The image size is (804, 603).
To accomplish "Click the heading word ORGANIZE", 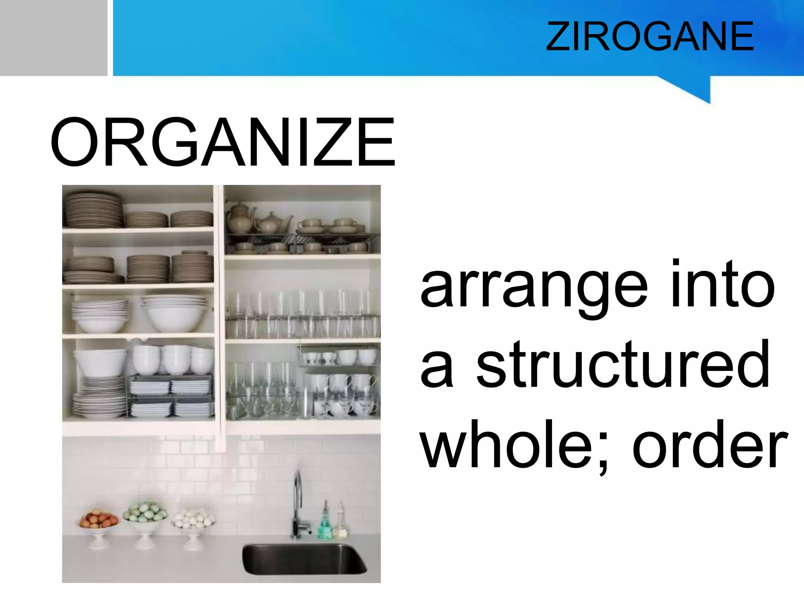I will pos(223,143).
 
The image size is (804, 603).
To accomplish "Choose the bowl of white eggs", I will pos(194,518).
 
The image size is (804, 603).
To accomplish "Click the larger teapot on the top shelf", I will pos(240,218).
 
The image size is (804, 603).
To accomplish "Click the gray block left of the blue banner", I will pos(53,37).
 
